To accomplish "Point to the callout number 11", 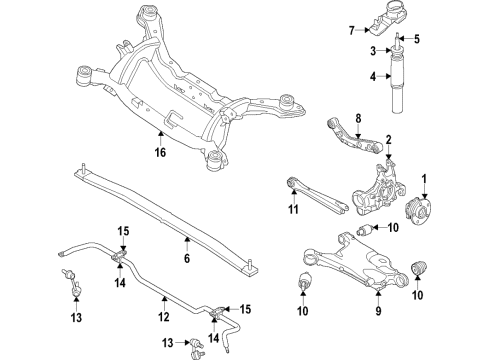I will [x=293, y=210].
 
